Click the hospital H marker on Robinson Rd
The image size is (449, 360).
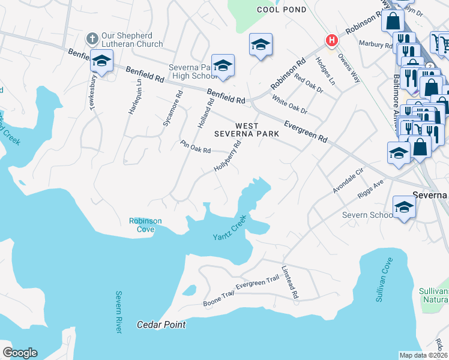331,40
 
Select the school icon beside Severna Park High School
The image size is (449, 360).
223,65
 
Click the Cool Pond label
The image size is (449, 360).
277,10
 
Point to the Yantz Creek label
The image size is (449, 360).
230,229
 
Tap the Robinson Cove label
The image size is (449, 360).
145,224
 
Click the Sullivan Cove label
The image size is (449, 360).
384,279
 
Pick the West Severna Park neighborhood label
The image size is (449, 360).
247,130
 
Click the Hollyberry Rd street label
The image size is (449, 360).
228,155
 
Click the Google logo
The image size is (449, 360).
20,353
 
